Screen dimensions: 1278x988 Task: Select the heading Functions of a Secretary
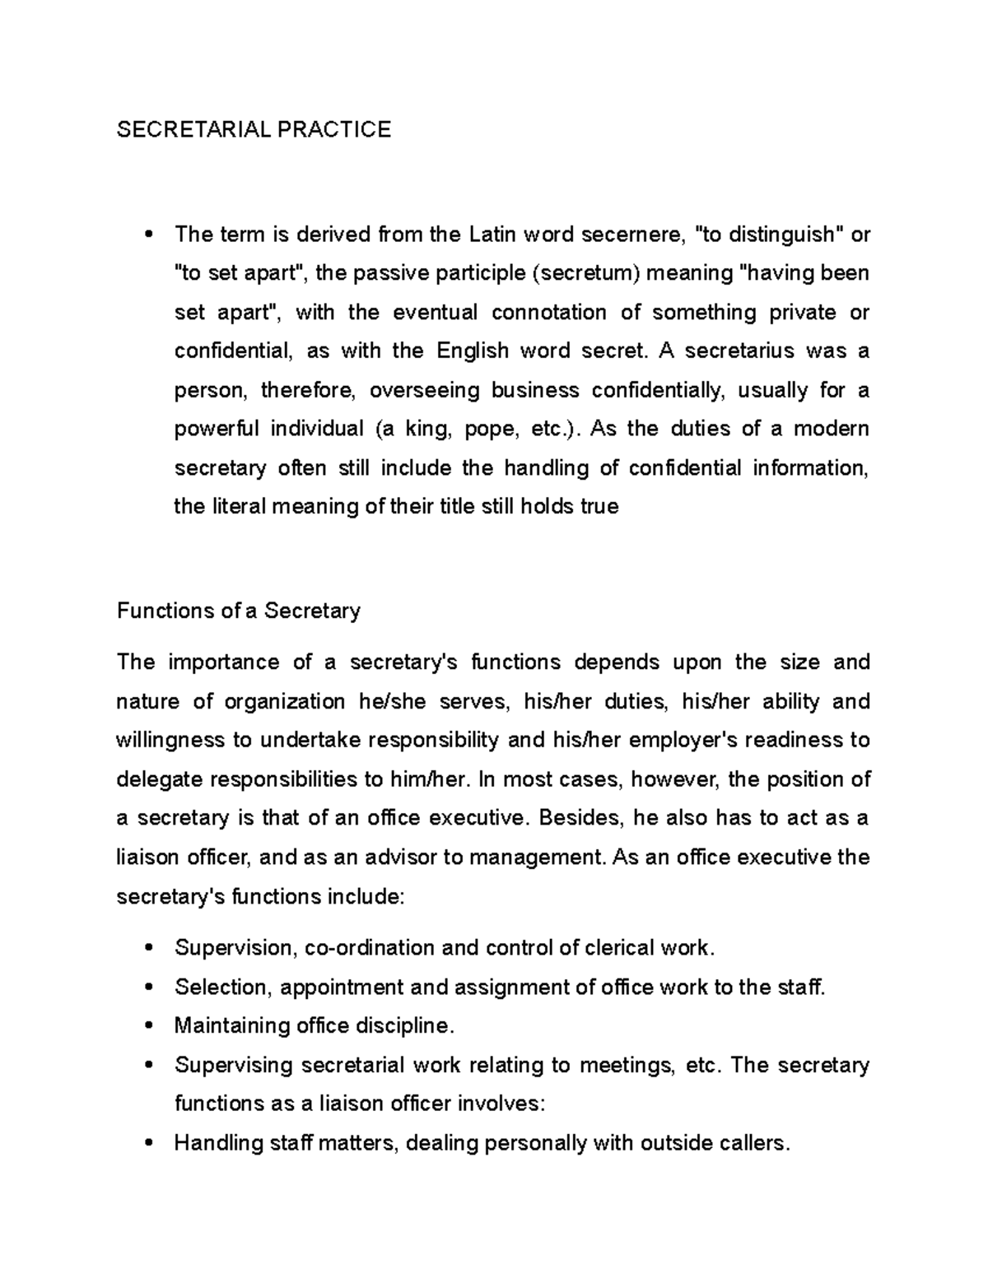[x=239, y=611]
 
